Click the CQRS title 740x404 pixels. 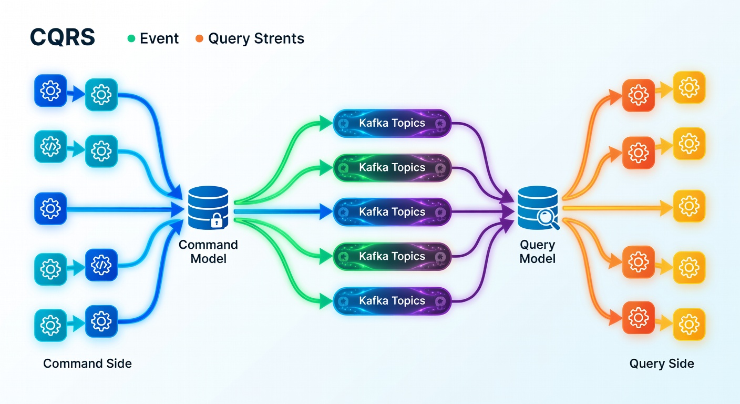(x=63, y=37)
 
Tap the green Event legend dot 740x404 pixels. (x=131, y=39)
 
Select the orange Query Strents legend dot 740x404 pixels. (x=199, y=39)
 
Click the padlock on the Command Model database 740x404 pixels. (x=217, y=220)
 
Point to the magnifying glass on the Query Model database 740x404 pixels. (x=547, y=219)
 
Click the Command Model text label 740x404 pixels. (x=208, y=251)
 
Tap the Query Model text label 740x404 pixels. (x=538, y=251)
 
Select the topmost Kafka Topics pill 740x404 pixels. (x=392, y=123)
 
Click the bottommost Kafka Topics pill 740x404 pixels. (x=392, y=301)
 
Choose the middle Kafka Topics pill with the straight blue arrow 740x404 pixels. (x=392, y=212)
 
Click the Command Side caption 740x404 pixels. (x=87, y=363)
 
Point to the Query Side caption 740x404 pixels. (x=661, y=363)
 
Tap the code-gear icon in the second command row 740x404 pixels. (x=50, y=146)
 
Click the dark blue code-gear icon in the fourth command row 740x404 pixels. (x=101, y=265)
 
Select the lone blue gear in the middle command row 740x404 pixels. (x=50, y=209)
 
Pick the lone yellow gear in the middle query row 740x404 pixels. (x=689, y=206)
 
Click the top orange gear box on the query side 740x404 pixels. (x=638, y=95)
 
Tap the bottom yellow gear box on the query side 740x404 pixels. (x=689, y=325)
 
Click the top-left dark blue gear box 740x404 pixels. (x=50, y=90)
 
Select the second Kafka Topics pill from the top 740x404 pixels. (x=392, y=168)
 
